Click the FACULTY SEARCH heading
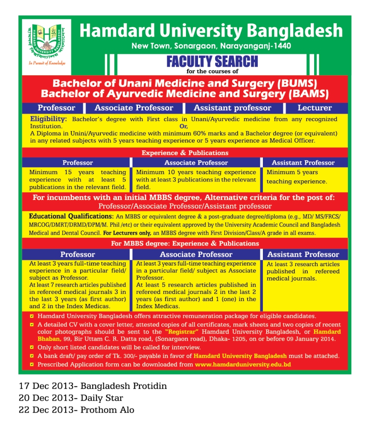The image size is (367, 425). [x=212, y=62]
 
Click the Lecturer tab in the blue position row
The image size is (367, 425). [x=315, y=108]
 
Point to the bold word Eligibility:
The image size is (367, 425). [x=48, y=119]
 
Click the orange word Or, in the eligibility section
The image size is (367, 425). [x=183, y=126]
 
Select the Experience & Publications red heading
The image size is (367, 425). [x=185, y=152]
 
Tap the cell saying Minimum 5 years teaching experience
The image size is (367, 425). [x=297, y=177]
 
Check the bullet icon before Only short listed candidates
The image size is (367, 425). [x=32, y=348]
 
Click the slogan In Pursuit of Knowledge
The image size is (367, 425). [x=47, y=63]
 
